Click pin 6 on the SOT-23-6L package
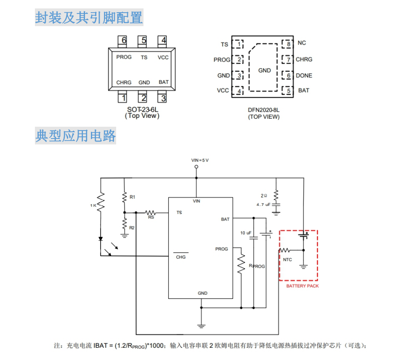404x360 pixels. pyautogui.click(x=123, y=40)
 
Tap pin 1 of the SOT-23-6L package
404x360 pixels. pyautogui.click(x=123, y=98)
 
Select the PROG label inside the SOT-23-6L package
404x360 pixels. pyautogui.click(x=124, y=57)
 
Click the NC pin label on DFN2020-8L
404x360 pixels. pyautogui.click(x=302, y=43)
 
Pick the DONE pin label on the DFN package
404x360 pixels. pyautogui.click(x=304, y=75)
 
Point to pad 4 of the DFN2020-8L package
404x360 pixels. pyautogui.click(x=239, y=91)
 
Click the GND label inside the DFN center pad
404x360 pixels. pyautogui.click(x=264, y=70)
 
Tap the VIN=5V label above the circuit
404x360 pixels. pyautogui.click(x=200, y=160)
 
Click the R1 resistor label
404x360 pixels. pyautogui.click(x=133, y=197)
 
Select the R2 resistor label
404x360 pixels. pyautogui.click(x=132, y=227)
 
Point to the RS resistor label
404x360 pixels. pyautogui.click(x=151, y=218)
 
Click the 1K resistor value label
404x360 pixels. pyautogui.click(x=93, y=205)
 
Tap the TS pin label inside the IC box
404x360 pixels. pyautogui.click(x=179, y=213)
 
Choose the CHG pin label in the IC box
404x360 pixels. pyautogui.click(x=181, y=257)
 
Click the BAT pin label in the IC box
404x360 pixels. pyautogui.click(x=225, y=219)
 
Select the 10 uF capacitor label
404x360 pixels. pyautogui.click(x=246, y=233)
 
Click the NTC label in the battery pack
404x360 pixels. pyautogui.click(x=287, y=260)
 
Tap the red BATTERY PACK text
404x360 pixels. pyautogui.click(x=303, y=286)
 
